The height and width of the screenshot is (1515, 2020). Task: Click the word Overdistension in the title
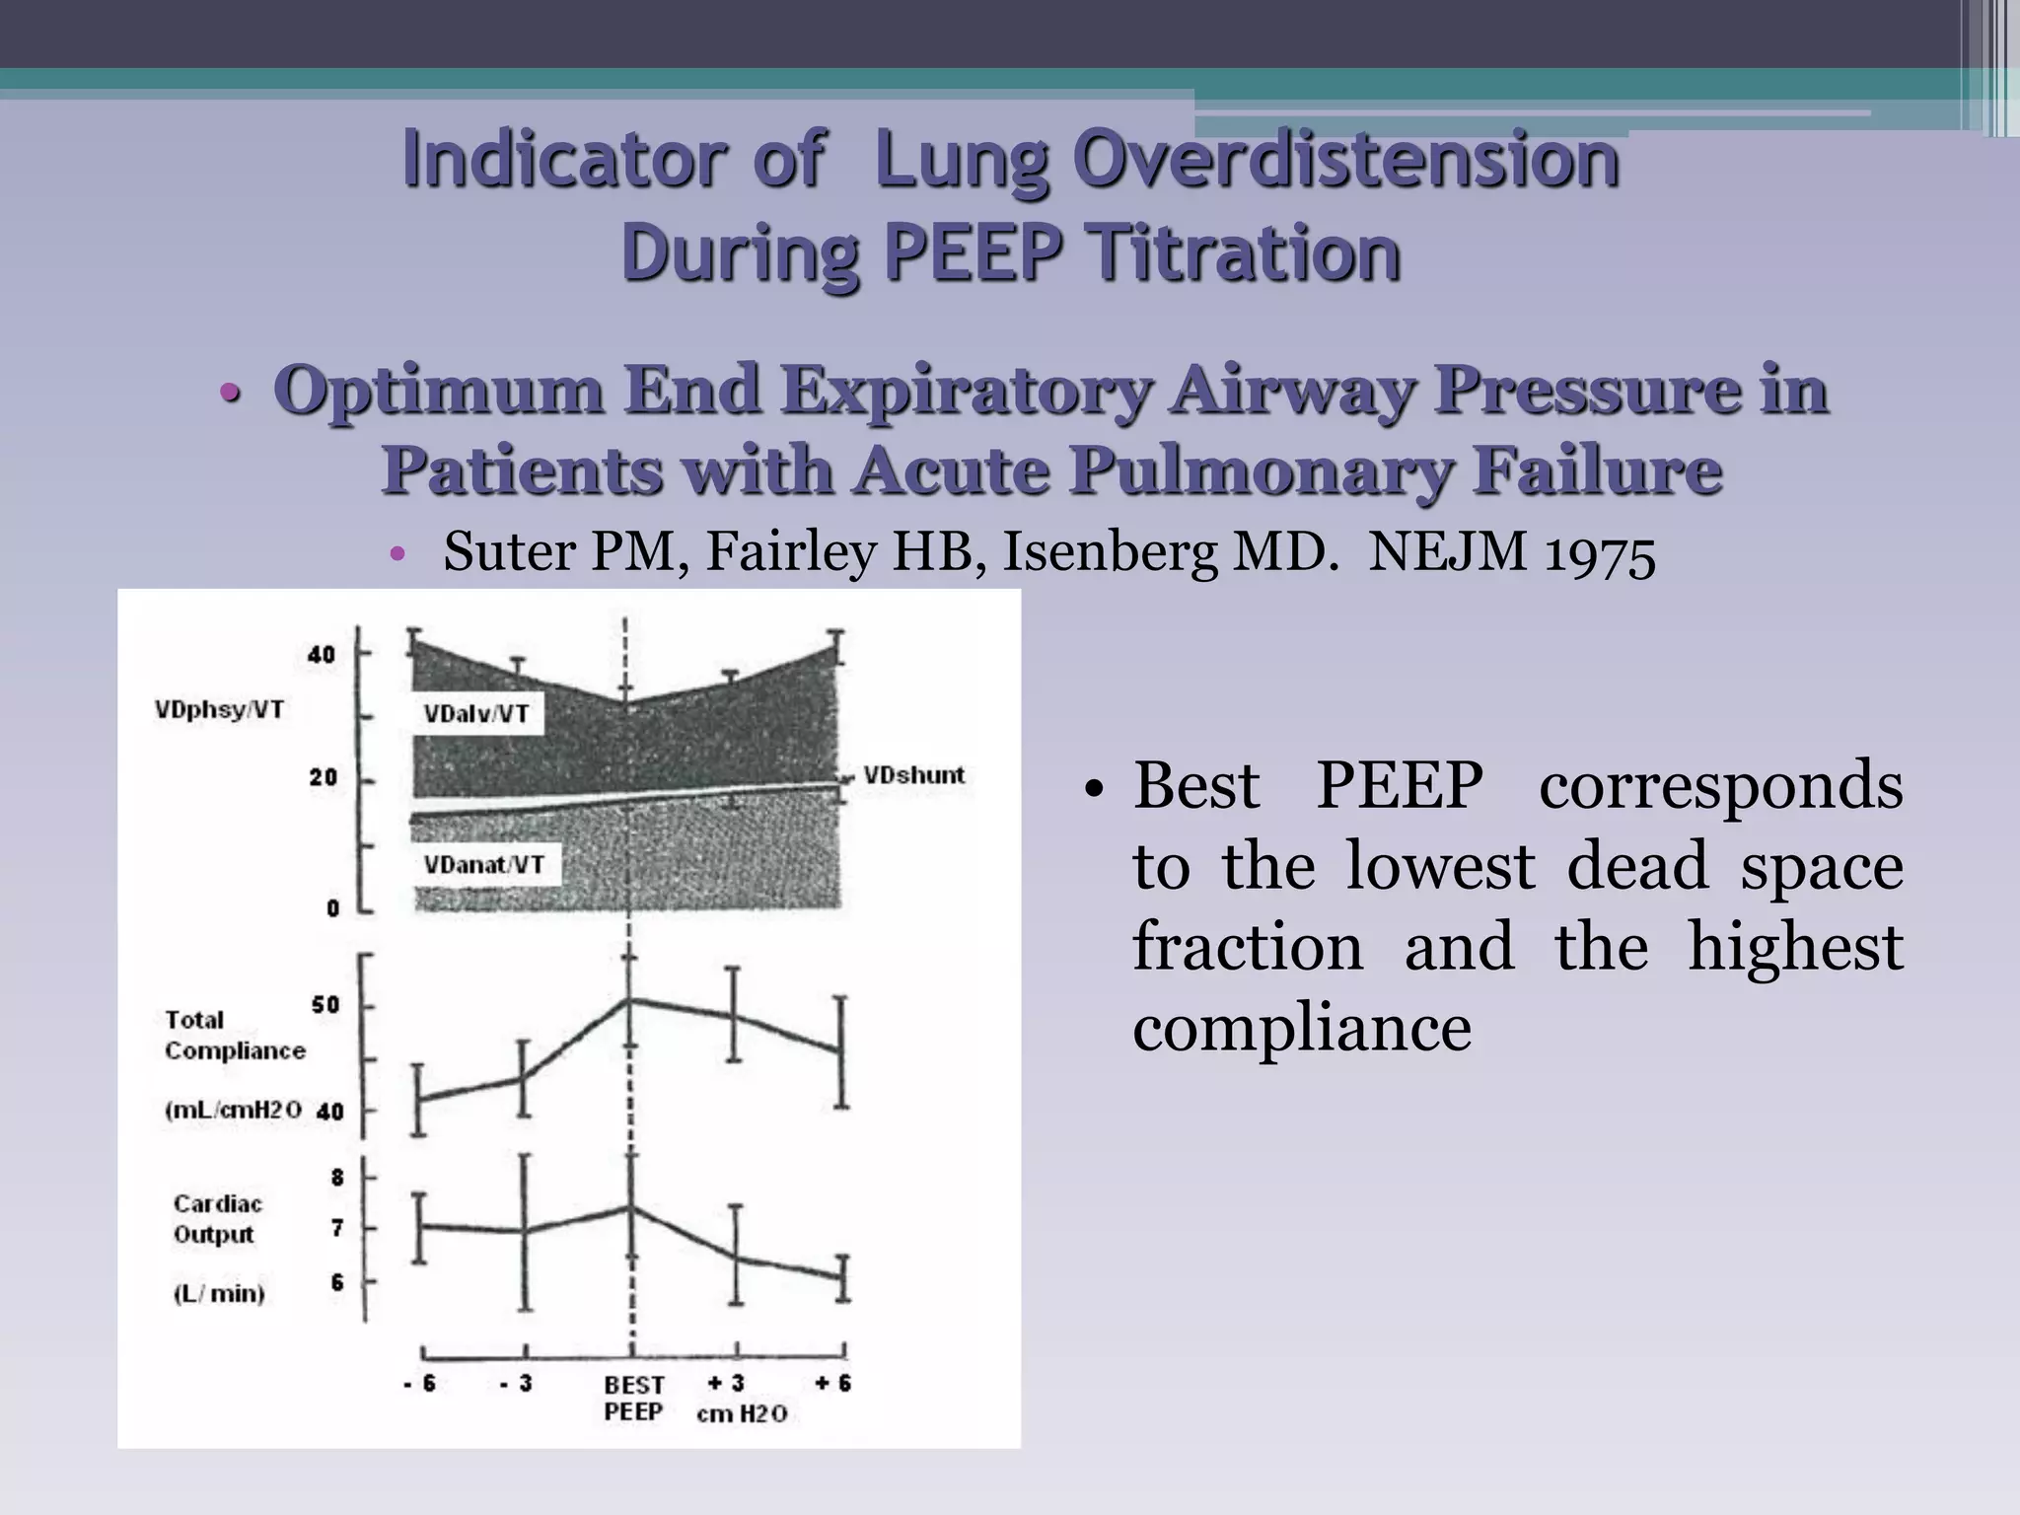coord(1247,160)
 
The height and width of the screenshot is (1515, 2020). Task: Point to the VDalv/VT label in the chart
coord(476,714)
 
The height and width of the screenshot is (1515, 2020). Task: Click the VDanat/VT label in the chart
coord(483,865)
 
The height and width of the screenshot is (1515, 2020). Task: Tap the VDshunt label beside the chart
coord(913,775)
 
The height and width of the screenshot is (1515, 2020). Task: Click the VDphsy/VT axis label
coord(219,710)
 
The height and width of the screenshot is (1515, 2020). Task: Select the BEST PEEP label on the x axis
coord(633,1398)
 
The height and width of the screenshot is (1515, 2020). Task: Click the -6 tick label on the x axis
coord(419,1384)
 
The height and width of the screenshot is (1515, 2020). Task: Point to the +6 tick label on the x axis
coord(833,1383)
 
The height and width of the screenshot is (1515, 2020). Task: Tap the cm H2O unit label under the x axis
coord(742,1413)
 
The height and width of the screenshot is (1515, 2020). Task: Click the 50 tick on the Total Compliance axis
coord(325,1005)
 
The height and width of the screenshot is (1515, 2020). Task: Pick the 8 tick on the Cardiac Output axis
coord(337,1178)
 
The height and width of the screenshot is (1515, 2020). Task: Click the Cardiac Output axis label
coord(217,1219)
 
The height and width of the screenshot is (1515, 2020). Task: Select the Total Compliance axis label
coord(234,1036)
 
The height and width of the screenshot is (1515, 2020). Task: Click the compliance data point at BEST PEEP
coord(629,1000)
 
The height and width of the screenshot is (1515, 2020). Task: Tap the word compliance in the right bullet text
coord(1301,1028)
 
